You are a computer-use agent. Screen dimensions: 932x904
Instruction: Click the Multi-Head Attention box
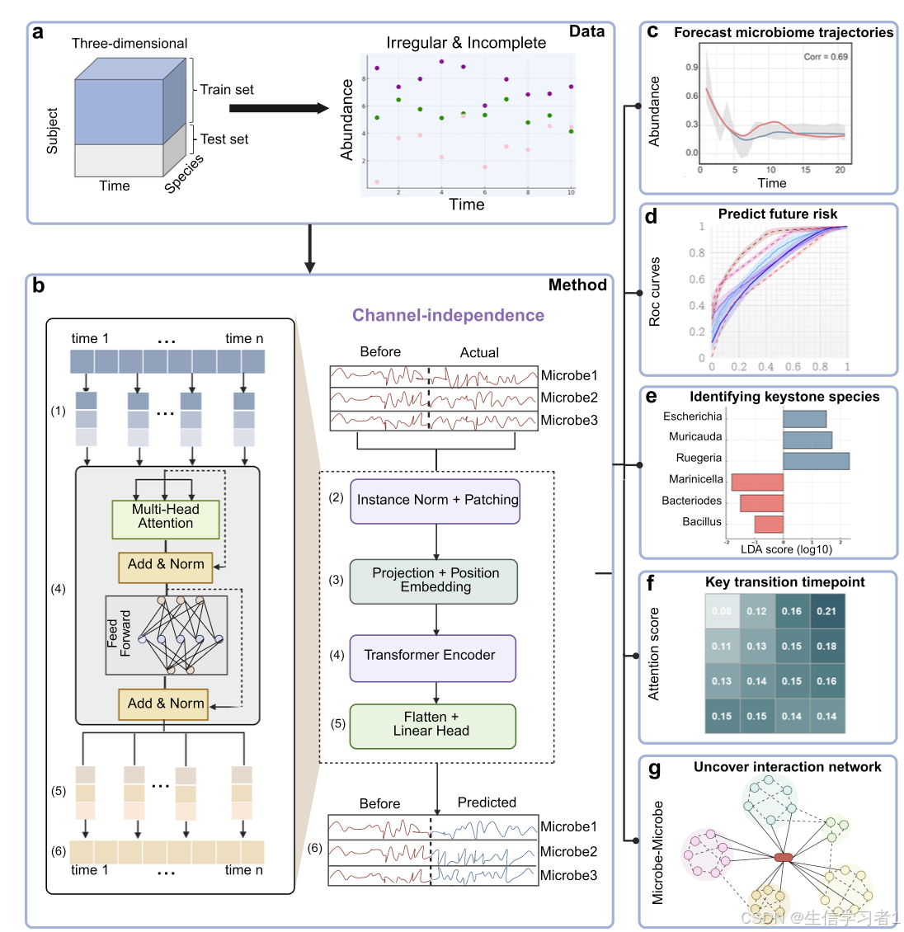click(166, 517)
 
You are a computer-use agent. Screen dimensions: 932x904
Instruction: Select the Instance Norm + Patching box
click(436, 501)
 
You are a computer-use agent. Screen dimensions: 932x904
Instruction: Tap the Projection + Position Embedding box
click(435, 581)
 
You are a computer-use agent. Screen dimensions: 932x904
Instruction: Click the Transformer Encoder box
click(433, 657)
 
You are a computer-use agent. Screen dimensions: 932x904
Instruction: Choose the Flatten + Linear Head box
click(432, 725)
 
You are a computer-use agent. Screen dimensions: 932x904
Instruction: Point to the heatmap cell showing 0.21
click(826, 611)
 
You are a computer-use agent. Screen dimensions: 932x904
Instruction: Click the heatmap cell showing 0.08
click(722, 611)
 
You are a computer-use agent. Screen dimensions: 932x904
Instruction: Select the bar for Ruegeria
click(815, 460)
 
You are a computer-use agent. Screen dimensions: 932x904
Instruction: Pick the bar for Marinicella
click(757, 482)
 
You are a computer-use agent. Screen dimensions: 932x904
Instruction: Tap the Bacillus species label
click(701, 521)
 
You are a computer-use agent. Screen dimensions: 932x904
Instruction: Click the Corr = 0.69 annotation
click(825, 57)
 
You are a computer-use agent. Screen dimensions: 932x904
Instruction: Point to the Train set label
click(227, 90)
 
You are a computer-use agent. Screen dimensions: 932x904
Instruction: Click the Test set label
click(224, 139)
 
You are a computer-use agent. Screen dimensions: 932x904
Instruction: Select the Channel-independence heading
click(448, 315)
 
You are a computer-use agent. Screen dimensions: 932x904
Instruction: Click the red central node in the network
click(783, 857)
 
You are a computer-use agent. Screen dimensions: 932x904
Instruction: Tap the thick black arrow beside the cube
click(279, 108)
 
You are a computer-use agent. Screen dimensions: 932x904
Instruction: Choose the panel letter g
click(654, 769)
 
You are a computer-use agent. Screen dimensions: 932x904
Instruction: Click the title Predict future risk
click(777, 214)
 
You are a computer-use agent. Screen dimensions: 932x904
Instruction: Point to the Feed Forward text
click(119, 633)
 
